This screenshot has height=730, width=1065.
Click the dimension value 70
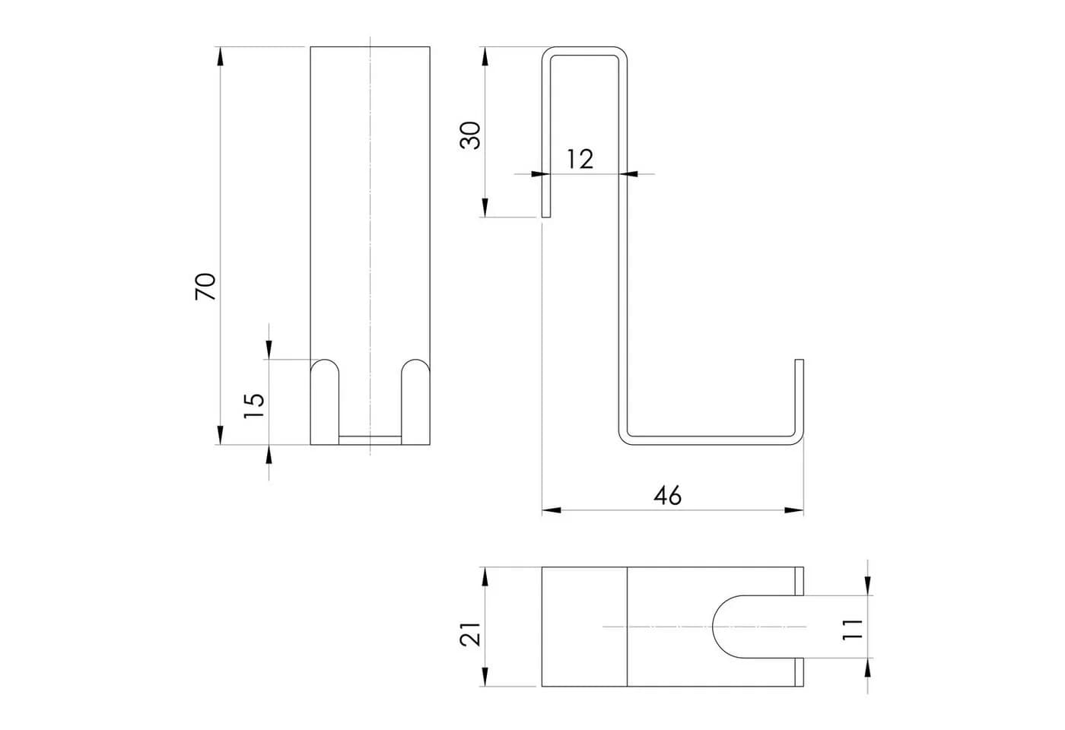206,287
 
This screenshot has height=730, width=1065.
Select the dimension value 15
254,405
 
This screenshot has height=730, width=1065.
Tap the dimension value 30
471,136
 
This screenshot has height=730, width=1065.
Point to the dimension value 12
580,159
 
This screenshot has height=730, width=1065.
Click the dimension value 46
668,496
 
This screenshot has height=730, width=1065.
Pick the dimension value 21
471,634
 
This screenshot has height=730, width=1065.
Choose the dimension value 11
853,630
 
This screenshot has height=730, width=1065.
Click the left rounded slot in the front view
325,402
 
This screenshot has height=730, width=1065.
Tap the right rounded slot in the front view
416,402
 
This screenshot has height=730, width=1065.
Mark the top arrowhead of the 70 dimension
220,56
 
